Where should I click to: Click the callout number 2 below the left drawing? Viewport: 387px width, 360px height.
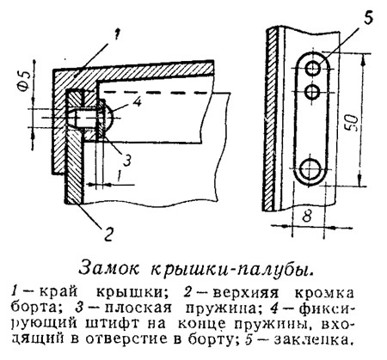click(x=107, y=235)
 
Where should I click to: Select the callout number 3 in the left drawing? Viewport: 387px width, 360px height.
click(x=127, y=160)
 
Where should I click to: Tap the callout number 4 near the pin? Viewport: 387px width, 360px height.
click(x=138, y=101)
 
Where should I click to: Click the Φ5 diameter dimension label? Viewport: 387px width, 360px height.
click(x=25, y=81)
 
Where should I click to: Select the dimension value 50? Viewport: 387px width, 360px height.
click(x=353, y=123)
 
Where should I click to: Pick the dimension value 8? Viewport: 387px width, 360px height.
click(x=306, y=216)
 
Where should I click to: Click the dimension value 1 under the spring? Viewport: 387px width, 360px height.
click(x=120, y=175)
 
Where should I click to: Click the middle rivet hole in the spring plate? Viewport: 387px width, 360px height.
click(x=312, y=92)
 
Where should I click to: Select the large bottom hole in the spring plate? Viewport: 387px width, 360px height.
click(x=310, y=168)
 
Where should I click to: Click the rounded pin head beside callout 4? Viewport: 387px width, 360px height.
click(x=108, y=116)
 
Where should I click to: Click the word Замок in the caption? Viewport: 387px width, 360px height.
click(x=109, y=269)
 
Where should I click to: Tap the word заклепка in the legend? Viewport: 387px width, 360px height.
click(x=312, y=339)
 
